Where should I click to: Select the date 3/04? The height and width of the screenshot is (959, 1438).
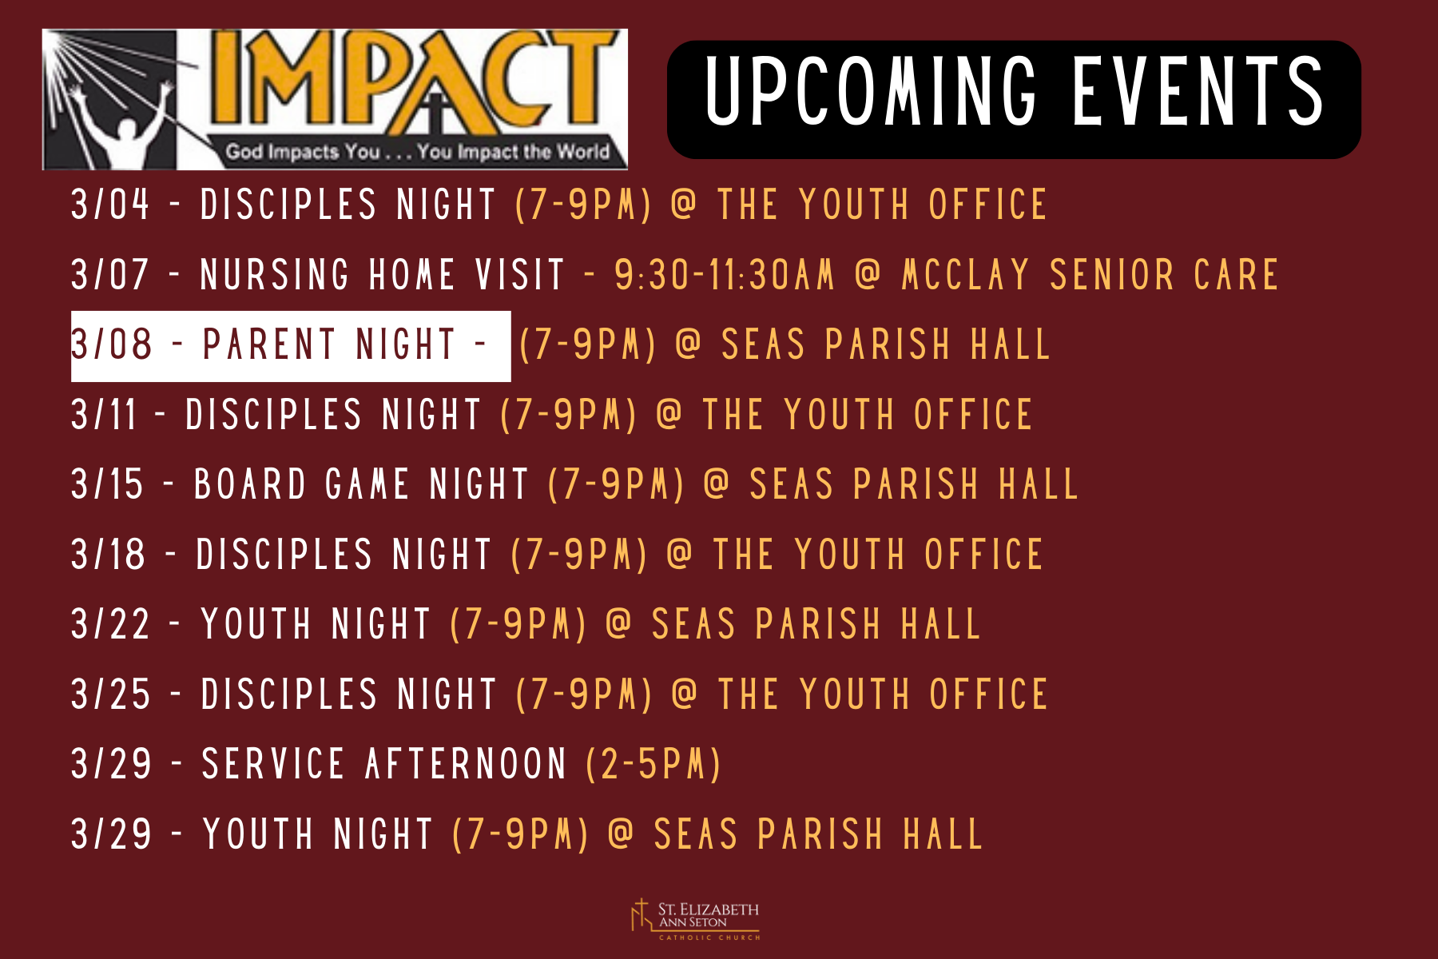pos(110,204)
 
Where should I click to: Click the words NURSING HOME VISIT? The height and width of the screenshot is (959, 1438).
pos(383,274)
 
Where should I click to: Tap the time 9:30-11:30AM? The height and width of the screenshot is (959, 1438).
pos(725,274)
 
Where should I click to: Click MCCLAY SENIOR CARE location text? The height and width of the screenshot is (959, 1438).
pos(1090,274)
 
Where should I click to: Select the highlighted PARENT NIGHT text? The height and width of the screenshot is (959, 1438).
pos(329,344)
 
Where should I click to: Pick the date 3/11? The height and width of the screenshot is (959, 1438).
pos(104,415)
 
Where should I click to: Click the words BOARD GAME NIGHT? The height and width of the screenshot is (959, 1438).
pos(362,484)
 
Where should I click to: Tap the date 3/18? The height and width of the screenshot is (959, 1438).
pos(109,555)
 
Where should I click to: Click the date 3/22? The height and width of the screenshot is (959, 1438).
pos(110,624)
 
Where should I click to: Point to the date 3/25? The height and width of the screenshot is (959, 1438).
pos(110,694)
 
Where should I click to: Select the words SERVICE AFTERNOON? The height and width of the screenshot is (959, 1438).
pos(384,764)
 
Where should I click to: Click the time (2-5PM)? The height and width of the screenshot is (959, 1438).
pos(653,764)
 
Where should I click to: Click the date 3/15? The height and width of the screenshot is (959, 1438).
pos(107,484)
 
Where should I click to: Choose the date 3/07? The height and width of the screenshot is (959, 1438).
pos(110,274)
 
